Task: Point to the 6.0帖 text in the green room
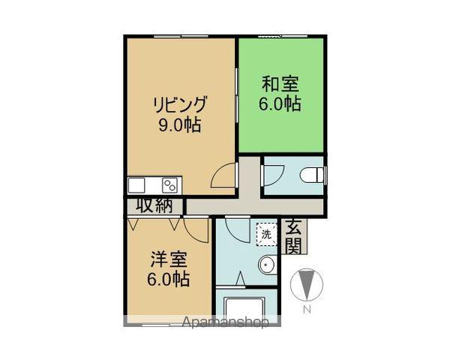pyautogui.click(x=281, y=104)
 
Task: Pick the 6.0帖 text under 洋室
pyautogui.click(x=168, y=280)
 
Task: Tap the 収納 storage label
pyautogui.click(x=154, y=205)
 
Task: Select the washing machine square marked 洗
pyautogui.click(x=265, y=233)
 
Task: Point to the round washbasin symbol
pyautogui.click(x=266, y=265)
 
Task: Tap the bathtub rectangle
pyautogui.click(x=247, y=307)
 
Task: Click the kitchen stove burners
pyautogui.click(x=169, y=185)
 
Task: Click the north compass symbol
pyautogui.click(x=306, y=284)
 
